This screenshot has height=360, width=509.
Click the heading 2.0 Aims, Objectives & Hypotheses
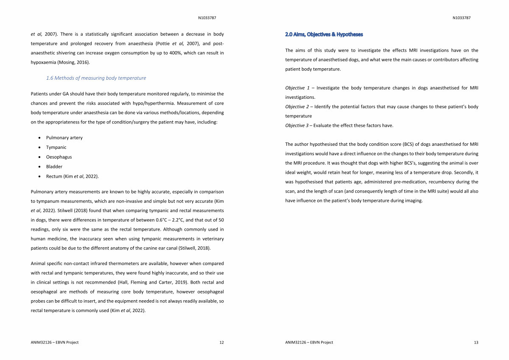(324, 34)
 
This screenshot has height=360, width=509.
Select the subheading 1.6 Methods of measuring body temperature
(96, 78)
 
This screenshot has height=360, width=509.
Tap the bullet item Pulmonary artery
(64, 138)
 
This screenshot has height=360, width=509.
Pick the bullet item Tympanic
(56, 147)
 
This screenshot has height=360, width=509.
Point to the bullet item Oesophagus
(59, 157)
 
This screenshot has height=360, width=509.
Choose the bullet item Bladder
(54, 167)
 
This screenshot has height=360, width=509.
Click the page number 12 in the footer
(221, 343)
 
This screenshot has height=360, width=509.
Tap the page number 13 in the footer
(476, 343)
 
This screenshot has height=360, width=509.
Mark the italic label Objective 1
(298, 88)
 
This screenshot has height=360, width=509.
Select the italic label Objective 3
(298, 126)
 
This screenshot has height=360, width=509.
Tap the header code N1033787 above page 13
(461, 18)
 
